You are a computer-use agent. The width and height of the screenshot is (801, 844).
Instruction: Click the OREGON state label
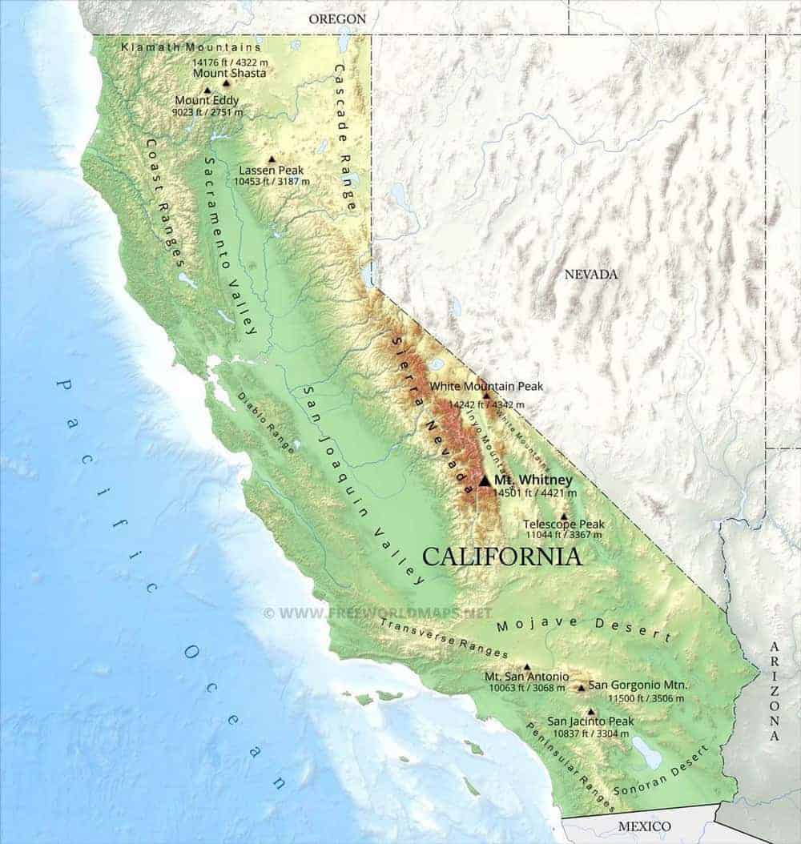(337, 18)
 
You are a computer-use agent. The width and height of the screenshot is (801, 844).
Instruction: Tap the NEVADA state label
(591, 275)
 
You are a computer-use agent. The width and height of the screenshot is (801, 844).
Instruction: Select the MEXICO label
(644, 826)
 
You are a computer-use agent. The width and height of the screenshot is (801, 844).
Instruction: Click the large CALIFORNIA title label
(502, 556)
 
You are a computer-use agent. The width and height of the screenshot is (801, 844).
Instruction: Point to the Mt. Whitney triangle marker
(485, 480)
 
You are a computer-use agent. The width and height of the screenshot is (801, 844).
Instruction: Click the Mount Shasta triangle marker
(226, 82)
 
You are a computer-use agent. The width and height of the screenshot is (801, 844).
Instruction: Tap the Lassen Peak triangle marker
(272, 159)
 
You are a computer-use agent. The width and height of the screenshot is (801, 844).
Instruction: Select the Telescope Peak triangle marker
(564, 516)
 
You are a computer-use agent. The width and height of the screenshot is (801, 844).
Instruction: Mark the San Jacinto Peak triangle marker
(591, 711)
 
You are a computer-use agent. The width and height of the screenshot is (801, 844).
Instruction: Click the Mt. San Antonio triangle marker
(526, 666)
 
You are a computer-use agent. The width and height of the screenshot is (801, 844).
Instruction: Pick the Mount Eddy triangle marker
(207, 90)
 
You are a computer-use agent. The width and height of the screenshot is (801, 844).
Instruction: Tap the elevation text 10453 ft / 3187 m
(272, 182)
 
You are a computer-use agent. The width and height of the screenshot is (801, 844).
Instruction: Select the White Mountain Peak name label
(486, 386)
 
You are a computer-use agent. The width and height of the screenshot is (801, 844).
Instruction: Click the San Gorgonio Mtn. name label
(638, 685)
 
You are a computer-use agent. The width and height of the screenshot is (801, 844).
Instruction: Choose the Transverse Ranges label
(444, 637)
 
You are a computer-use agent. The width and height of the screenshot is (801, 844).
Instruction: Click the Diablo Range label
(266, 422)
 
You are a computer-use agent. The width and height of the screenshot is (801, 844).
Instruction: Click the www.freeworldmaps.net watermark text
(377, 613)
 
